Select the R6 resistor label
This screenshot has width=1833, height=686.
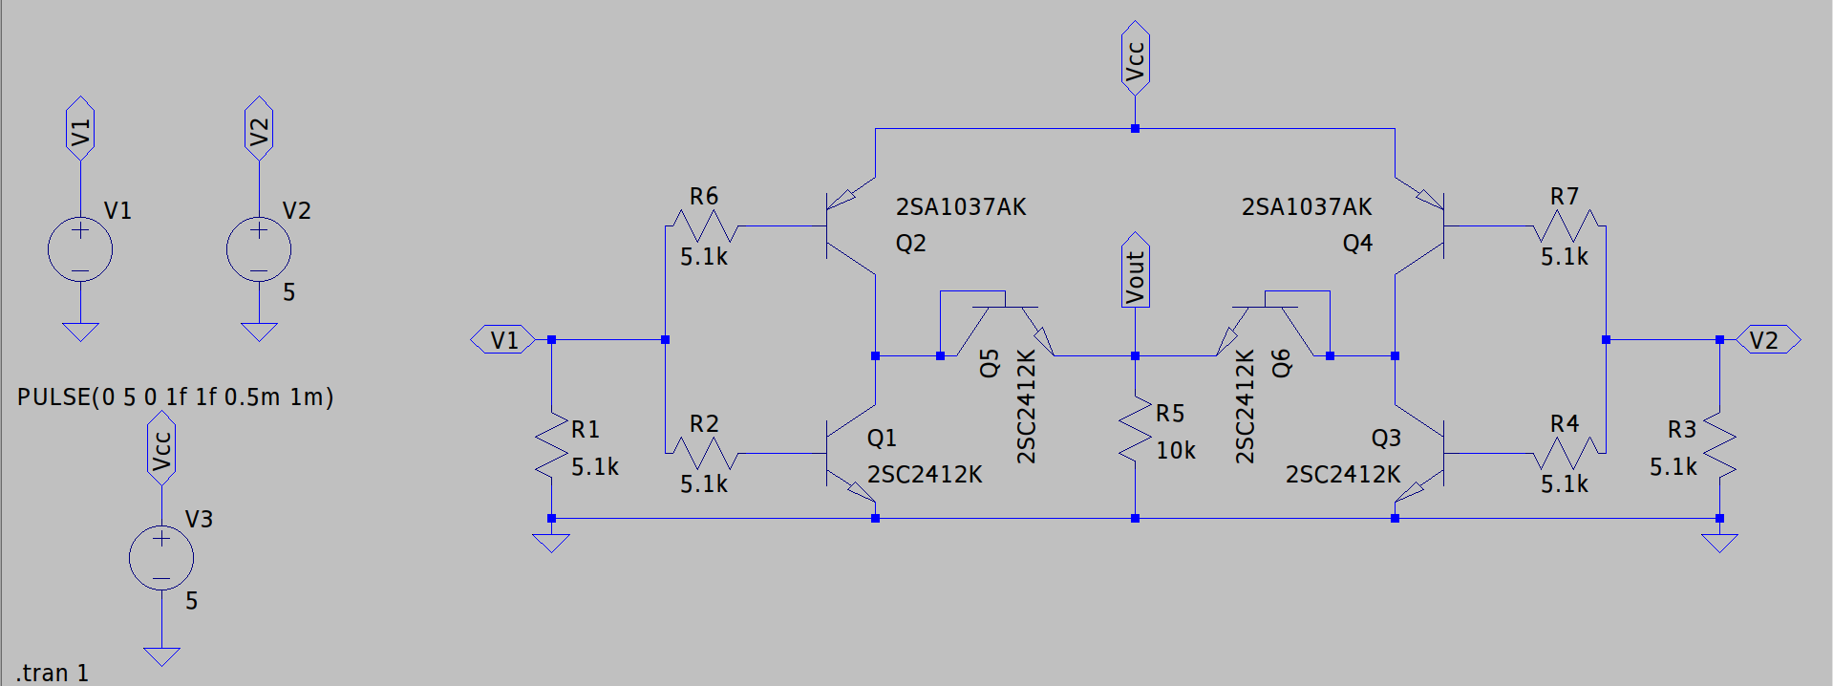point(704,197)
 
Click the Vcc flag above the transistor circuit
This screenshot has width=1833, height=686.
point(1135,58)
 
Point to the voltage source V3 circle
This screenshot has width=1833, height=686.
point(161,558)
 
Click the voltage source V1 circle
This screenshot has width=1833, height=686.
point(80,250)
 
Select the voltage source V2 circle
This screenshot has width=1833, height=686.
point(259,250)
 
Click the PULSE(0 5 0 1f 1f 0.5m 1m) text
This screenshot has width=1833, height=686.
point(176,397)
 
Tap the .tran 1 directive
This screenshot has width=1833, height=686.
point(53,673)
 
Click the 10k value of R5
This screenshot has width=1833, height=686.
point(1175,450)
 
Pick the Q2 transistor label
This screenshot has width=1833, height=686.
point(910,244)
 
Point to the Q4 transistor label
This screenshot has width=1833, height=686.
point(1357,244)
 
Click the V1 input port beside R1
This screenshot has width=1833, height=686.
point(503,340)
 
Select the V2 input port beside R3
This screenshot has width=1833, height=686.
point(1766,340)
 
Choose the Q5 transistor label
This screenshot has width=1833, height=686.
point(990,363)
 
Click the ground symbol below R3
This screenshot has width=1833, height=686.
point(1719,543)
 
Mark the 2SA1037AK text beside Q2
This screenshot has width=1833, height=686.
point(961,207)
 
